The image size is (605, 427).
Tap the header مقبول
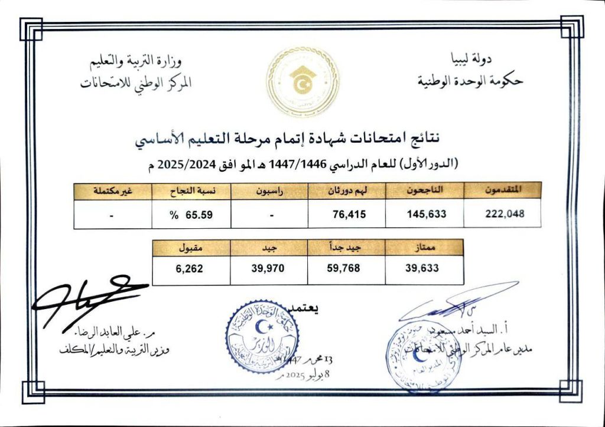click(x=191, y=248)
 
